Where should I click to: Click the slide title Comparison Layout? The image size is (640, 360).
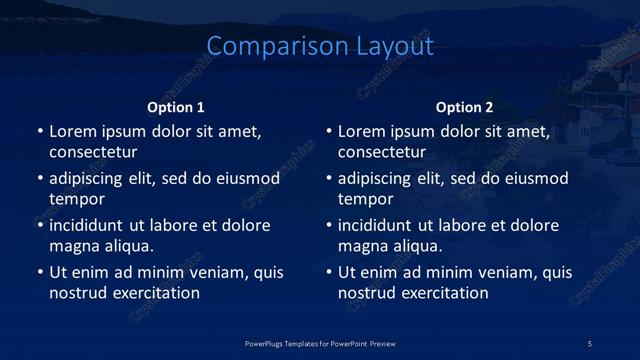320,46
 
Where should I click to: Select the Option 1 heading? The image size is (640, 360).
176,107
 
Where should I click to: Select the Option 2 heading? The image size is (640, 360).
465,107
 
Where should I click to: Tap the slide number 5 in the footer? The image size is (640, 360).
590,343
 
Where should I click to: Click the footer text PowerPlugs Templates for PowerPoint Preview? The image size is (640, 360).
320,343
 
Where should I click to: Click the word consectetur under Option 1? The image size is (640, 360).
93,153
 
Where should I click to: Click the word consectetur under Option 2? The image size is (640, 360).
382,153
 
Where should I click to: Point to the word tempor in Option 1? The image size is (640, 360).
76,199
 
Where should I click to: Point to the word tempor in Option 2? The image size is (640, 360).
365,199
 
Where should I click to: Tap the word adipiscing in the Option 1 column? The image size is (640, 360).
89,179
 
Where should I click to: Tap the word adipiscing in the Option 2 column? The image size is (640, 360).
378,179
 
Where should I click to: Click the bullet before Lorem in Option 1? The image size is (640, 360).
39,132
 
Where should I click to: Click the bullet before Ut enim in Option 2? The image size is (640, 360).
328,272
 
